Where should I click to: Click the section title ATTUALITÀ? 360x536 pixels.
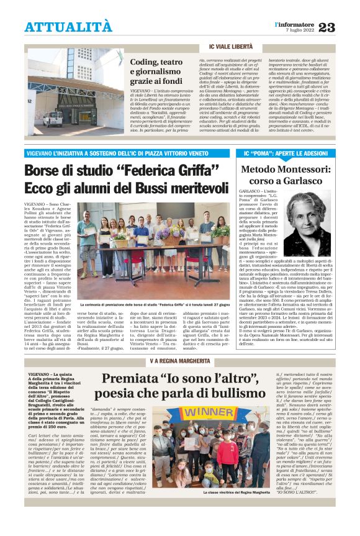point(69,27)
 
